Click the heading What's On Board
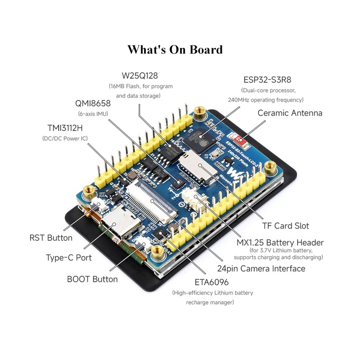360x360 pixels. click(x=175, y=49)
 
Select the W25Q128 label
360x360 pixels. click(x=140, y=76)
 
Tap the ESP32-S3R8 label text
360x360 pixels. click(x=267, y=80)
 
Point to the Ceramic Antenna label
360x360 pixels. click(x=290, y=113)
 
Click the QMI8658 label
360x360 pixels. click(x=93, y=103)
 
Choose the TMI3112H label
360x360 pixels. click(x=65, y=128)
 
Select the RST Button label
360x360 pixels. click(x=51, y=238)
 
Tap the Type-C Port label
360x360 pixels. click(x=69, y=257)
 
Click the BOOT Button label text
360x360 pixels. click(x=92, y=279)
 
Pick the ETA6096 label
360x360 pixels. click(x=211, y=282)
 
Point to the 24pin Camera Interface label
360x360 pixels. click(x=261, y=269)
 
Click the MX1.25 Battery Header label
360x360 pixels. click(x=280, y=243)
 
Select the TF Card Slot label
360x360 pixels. click(x=286, y=226)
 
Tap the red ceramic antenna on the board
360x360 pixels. click(x=239, y=139)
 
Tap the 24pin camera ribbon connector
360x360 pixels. click(x=152, y=202)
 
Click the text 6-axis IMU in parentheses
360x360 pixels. click(x=93, y=114)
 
